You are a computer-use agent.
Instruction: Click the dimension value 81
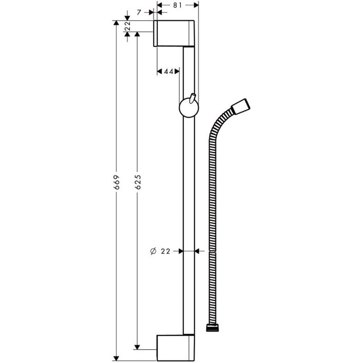point(177,6)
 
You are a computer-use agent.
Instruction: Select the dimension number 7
point(139,12)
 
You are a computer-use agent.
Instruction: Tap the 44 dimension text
point(169,72)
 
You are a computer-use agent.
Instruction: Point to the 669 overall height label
point(117,182)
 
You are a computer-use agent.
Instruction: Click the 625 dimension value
point(138,182)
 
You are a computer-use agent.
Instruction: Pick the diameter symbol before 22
point(153,251)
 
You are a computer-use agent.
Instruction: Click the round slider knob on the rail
point(189,108)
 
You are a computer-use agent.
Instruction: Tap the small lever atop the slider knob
point(192,98)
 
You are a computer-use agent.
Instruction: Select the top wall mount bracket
point(174,33)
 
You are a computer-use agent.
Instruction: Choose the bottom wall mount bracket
point(176,347)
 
